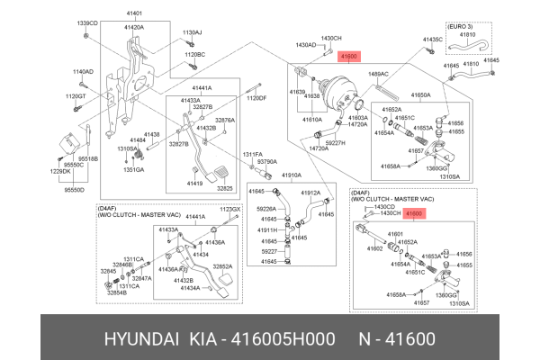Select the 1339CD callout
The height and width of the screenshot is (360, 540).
pyautogui.click(x=86, y=22)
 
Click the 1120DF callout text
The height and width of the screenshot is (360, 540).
pyautogui.click(x=256, y=97)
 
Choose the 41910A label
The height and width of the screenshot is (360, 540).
pyautogui.click(x=291, y=175)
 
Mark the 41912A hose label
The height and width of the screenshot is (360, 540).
pyautogui.click(x=310, y=193)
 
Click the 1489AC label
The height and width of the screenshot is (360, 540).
pyautogui.click(x=378, y=74)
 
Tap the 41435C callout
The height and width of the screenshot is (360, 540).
pyautogui.click(x=433, y=40)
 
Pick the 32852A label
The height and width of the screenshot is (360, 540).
pyautogui.click(x=222, y=266)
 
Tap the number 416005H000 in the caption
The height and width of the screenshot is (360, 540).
pyautogui.click(x=289, y=338)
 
